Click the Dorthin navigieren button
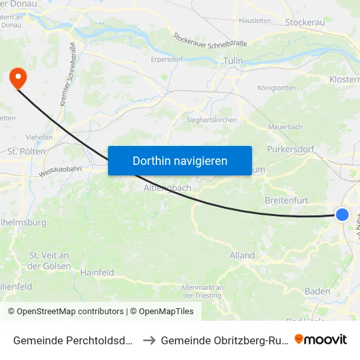[180, 160]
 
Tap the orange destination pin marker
[17, 79]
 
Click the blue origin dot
[342, 215]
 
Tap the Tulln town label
[233, 61]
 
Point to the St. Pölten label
[26, 151]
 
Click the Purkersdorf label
[304, 149]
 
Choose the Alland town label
[242, 255]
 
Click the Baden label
[317, 291]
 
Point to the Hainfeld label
[98, 272]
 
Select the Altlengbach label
[168, 187]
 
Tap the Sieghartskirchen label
[211, 120]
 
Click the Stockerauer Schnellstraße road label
[209, 43]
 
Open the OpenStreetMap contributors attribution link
[70, 312]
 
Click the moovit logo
[321, 339]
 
